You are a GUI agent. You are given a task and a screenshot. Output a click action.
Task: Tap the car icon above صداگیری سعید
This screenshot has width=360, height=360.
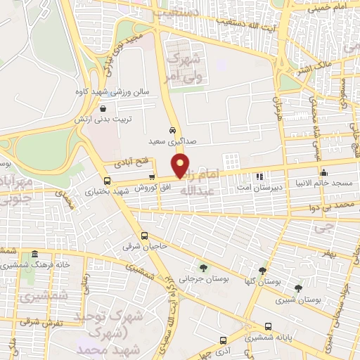click(173, 131)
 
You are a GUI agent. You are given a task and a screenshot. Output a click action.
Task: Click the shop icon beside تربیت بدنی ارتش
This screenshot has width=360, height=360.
click(104, 109)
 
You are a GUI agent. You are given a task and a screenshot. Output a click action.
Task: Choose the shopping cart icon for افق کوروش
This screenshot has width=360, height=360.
click(152, 177)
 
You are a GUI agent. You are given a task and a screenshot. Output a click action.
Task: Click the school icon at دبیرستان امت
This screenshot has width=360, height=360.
click(259, 176)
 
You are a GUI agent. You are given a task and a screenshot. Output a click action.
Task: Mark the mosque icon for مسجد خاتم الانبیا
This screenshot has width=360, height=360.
click(323, 173)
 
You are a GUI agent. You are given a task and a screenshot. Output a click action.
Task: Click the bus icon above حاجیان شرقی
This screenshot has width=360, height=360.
click(144, 236)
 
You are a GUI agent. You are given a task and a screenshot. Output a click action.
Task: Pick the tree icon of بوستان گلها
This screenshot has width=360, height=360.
click(262, 271)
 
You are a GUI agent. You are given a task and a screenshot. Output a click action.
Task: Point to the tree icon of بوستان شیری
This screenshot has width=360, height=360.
click(298, 288)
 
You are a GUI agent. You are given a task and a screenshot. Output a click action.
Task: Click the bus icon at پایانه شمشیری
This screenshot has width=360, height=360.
click(269, 326)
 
